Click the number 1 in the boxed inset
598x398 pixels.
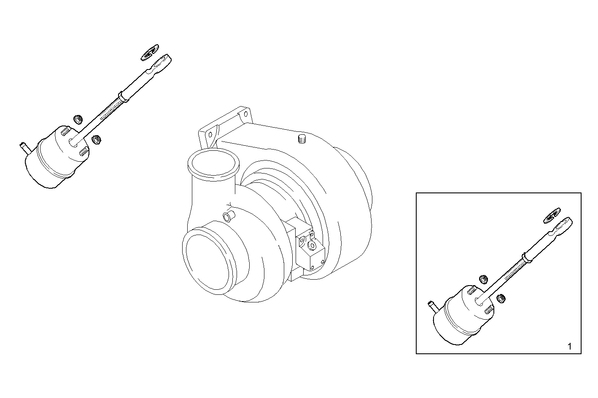coord(569,346)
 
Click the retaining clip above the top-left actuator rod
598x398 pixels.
coord(150,53)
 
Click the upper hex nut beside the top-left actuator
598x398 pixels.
coord(78,120)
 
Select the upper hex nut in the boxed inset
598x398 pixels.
coord(483,279)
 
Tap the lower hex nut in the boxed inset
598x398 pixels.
coord(501,298)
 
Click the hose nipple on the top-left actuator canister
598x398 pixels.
coord(23,148)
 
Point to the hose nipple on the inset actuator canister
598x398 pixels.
coord(431,305)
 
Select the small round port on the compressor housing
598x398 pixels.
coord(228,216)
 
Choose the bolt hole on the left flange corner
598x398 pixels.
coord(210,135)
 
